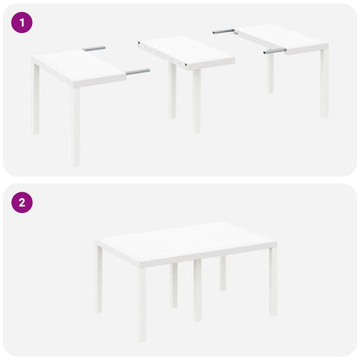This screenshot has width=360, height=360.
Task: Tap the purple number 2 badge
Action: pos(22,203)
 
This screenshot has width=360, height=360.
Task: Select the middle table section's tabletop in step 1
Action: pos(186,51)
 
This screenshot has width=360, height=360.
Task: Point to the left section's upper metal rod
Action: pos(94,48)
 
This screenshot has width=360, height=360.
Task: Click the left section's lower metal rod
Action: pos(137,72)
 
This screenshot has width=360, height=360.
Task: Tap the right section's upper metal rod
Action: pos(224,31)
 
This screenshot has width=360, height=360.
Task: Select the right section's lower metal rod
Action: pos(274,51)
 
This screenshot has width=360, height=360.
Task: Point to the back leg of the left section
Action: pos(36,100)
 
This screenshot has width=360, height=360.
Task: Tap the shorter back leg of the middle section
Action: pos(173,91)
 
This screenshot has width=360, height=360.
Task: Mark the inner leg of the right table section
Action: pos(271,74)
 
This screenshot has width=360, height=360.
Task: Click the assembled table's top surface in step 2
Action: pos(186,241)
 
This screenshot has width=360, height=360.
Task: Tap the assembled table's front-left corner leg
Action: pos(143,303)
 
